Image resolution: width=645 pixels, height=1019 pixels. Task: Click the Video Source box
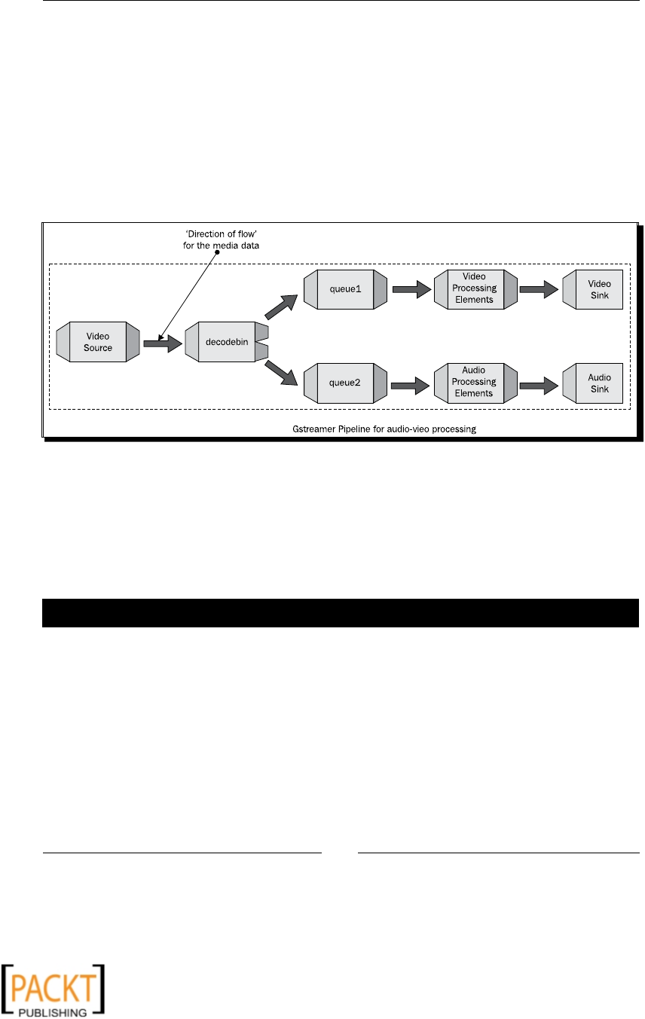[98, 343]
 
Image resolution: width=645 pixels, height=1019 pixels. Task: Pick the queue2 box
[345, 383]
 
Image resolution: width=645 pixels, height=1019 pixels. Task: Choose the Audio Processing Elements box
[475, 383]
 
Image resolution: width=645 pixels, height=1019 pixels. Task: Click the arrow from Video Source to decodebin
[162, 343]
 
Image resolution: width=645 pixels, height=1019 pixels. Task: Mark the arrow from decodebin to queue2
[282, 374]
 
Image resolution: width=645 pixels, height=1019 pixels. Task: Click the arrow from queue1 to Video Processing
[411, 291]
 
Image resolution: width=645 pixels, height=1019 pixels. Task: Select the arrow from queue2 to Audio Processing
[411, 386]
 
